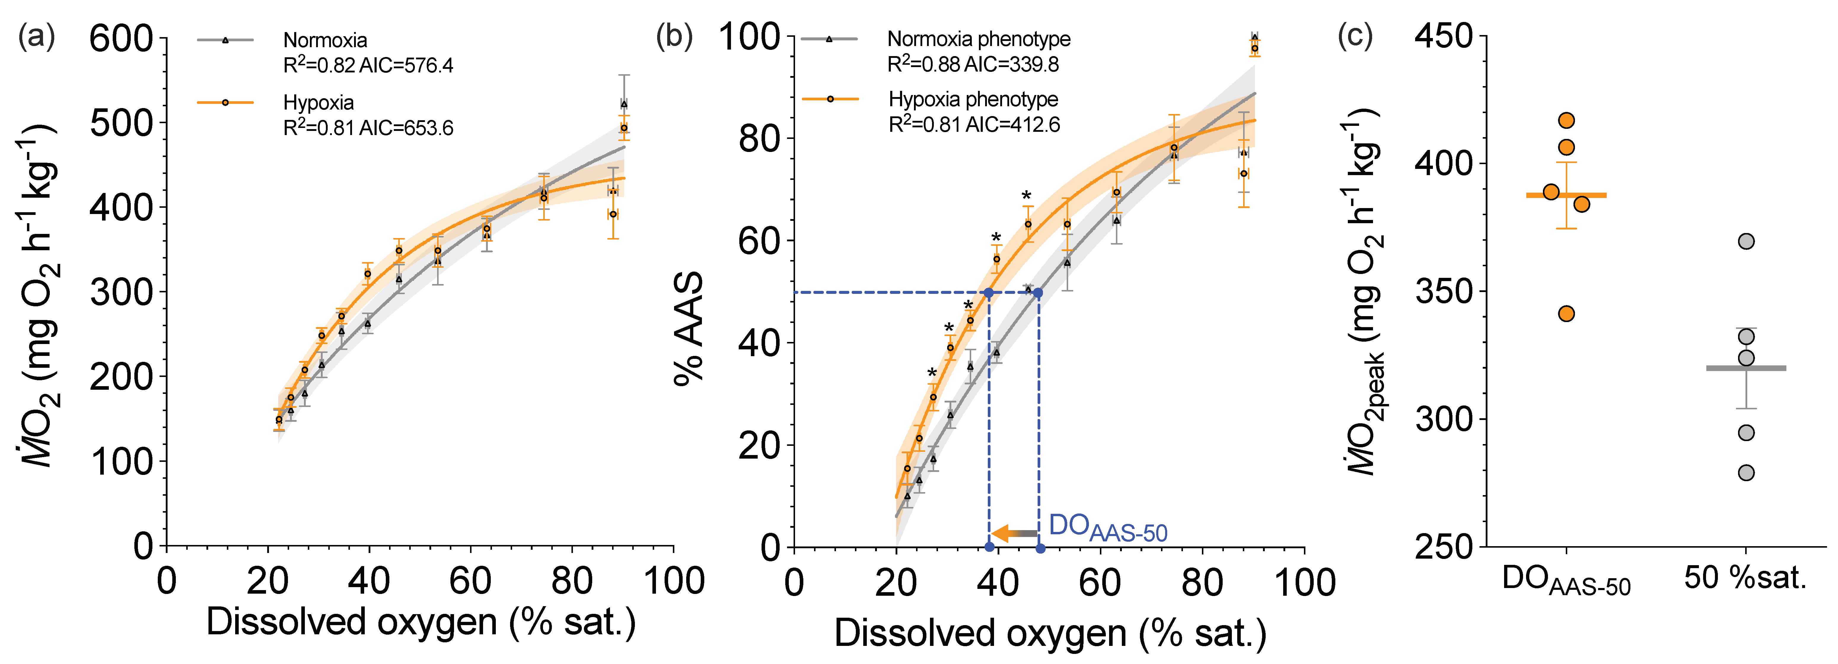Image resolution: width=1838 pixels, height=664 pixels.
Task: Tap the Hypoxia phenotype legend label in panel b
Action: coord(973,99)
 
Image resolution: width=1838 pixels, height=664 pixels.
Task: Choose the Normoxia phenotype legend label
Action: coord(978,39)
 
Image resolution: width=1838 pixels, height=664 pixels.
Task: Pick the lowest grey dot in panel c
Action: coord(1746,473)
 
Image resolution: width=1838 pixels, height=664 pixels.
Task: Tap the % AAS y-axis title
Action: coord(689,328)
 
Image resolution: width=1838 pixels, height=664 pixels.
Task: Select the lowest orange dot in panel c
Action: coord(1566,313)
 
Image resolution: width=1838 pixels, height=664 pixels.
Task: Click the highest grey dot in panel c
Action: coord(1746,241)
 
